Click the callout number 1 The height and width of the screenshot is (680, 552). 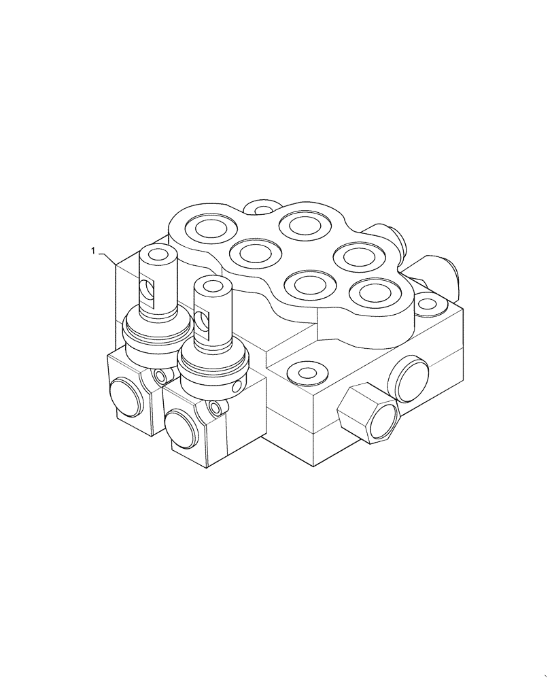click(x=92, y=252)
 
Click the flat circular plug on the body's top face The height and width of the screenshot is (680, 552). click(x=303, y=371)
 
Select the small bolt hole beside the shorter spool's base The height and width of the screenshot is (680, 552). click(x=215, y=407)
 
